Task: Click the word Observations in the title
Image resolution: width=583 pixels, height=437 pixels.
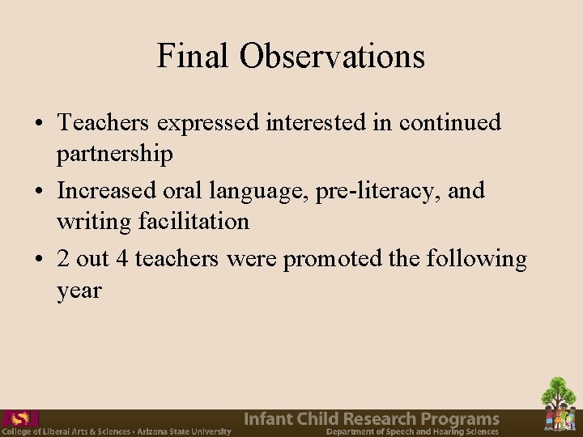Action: click(x=332, y=56)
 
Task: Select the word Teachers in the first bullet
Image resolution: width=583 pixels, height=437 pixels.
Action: click(x=104, y=123)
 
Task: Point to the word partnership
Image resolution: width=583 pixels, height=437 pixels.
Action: click(x=115, y=154)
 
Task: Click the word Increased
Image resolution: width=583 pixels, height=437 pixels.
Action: click(x=109, y=191)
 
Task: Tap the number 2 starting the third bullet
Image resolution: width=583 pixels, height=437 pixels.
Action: click(x=63, y=259)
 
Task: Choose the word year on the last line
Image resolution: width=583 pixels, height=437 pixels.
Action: click(x=79, y=290)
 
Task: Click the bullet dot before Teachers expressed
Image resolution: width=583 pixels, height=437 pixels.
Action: click(x=39, y=124)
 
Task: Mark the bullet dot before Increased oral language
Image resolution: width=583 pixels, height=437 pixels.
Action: click(x=39, y=192)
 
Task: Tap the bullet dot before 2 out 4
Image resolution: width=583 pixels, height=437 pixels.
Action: click(x=39, y=260)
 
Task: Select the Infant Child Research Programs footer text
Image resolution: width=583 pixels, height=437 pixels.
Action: click(x=372, y=418)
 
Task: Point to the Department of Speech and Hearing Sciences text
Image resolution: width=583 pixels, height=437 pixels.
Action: click(x=412, y=431)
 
